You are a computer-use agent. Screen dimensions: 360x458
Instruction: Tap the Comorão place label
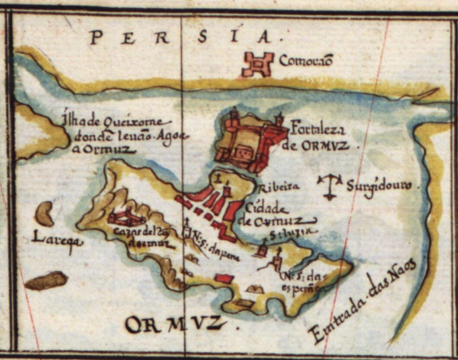305,61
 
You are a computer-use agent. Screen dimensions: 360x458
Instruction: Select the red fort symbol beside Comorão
257,64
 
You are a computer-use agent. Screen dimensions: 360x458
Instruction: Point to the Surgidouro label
383,186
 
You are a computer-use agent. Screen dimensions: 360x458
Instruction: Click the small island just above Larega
44,214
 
